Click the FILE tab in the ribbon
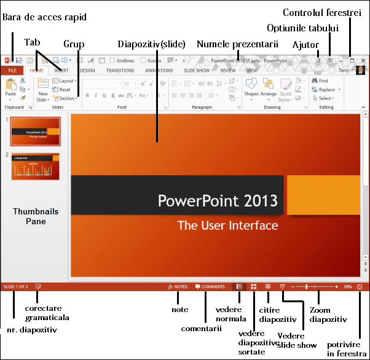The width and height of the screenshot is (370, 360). tap(12, 71)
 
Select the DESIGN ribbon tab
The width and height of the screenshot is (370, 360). tap(87, 71)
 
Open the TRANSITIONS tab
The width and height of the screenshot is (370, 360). tap(120, 71)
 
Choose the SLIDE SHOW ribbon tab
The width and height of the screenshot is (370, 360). tap(197, 71)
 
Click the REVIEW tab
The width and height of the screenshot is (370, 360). tap(228, 71)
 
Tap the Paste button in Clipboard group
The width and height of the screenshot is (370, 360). tap(10, 89)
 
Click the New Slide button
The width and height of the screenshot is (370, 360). tap(42, 90)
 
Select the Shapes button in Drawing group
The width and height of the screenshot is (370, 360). tap(251, 89)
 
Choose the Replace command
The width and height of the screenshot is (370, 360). tap(325, 90)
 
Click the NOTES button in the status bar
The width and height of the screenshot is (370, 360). tap(178, 287)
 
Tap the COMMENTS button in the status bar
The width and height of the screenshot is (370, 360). tap(210, 287)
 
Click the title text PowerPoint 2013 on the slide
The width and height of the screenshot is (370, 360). tap(218, 201)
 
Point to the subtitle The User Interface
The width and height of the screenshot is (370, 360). tap(227, 225)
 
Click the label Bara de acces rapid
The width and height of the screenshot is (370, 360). tap(45, 17)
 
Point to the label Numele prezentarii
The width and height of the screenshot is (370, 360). tap(237, 44)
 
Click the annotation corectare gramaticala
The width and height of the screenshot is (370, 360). tap(47, 313)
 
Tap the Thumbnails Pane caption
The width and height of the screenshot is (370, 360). tap(36, 216)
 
